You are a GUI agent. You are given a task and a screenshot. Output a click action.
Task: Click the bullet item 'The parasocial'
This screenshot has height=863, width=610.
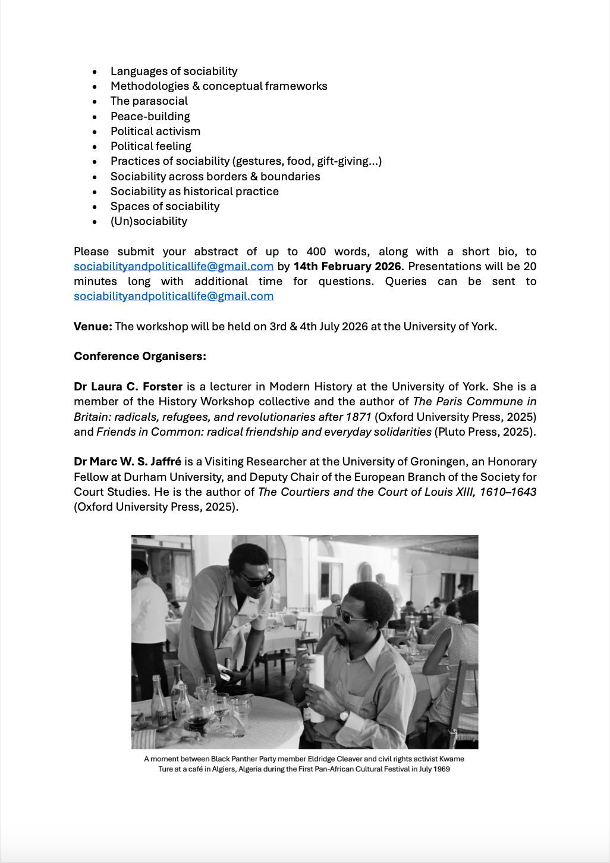coord(149,101)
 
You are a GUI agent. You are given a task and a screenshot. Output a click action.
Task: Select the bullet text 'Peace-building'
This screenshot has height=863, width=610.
coord(150,116)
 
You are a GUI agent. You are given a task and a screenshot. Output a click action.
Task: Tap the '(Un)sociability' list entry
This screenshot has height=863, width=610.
coord(149,221)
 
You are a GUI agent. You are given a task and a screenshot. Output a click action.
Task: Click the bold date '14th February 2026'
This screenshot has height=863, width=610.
coord(347,266)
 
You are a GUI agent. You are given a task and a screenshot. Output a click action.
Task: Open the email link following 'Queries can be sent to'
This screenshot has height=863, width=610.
coord(174,296)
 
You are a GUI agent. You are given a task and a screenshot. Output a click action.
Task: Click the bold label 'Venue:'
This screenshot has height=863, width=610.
coord(93,326)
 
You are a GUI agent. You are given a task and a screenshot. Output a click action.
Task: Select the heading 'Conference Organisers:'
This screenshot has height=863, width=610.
coord(140,357)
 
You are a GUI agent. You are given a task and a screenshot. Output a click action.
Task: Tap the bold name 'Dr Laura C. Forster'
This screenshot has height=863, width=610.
coord(128,386)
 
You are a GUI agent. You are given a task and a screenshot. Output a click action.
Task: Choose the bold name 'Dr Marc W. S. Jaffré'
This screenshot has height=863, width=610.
coord(127,462)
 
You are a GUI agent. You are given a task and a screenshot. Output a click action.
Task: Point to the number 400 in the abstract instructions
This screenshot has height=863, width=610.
coord(316,252)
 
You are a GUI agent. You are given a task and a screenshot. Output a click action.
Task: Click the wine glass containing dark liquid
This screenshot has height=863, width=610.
coord(197,720)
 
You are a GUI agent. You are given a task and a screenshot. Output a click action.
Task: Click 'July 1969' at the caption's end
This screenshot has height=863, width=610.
coord(434,769)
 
